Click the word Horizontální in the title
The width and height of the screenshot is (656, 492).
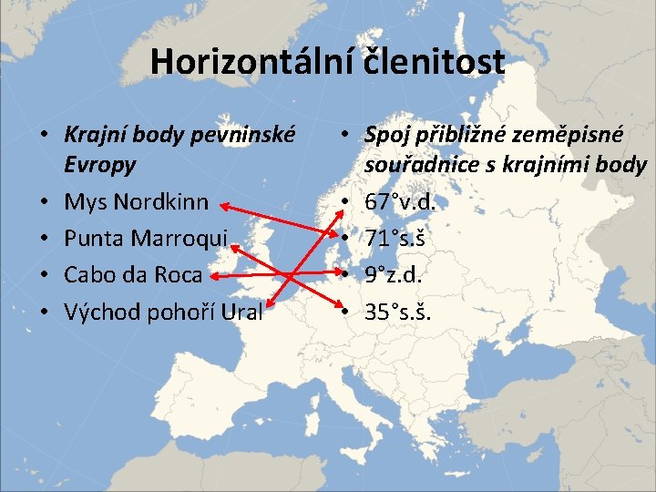click(x=252, y=61)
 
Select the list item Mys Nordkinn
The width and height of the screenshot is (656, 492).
click(x=136, y=201)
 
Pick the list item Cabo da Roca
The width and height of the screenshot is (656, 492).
click(x=133, y=274)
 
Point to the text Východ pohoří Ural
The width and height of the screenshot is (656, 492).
click(x=163, y=312)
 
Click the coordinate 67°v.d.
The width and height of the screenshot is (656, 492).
click(x=400, y=201)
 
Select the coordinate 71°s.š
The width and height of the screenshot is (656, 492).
click(x=396, y=238)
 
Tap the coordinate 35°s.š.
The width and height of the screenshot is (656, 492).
click(x=400, y=312)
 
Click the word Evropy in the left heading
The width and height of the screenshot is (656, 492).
click(x=100, y=165)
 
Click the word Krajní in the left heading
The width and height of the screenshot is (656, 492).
click(x=97, y=135)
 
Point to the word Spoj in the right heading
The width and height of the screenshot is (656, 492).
click(x=389, y=135)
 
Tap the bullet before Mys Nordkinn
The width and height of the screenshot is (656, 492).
click(x=44, y=201)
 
